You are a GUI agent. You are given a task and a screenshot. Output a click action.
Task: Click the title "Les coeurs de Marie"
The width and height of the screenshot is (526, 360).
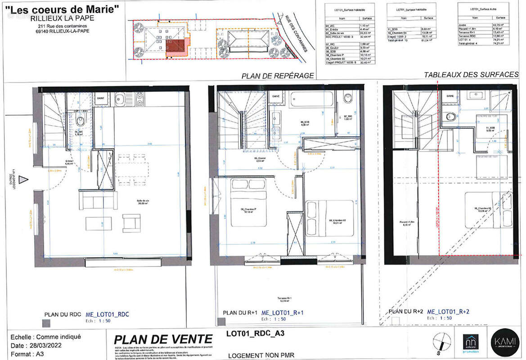[62, 9]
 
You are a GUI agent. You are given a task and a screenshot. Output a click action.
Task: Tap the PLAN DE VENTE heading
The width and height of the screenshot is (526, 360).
[163, 340]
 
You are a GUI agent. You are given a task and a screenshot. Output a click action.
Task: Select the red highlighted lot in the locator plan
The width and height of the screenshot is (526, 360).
[176, 46]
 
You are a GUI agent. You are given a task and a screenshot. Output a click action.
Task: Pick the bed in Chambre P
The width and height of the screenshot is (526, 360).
[245, 198]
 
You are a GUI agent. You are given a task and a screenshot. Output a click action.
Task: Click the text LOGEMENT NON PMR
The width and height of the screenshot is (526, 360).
[261, 355]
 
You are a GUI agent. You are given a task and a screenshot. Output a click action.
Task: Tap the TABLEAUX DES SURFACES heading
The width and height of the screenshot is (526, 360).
[472, 75]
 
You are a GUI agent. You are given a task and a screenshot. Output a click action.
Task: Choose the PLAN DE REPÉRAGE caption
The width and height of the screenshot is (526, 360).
[278, 76]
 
